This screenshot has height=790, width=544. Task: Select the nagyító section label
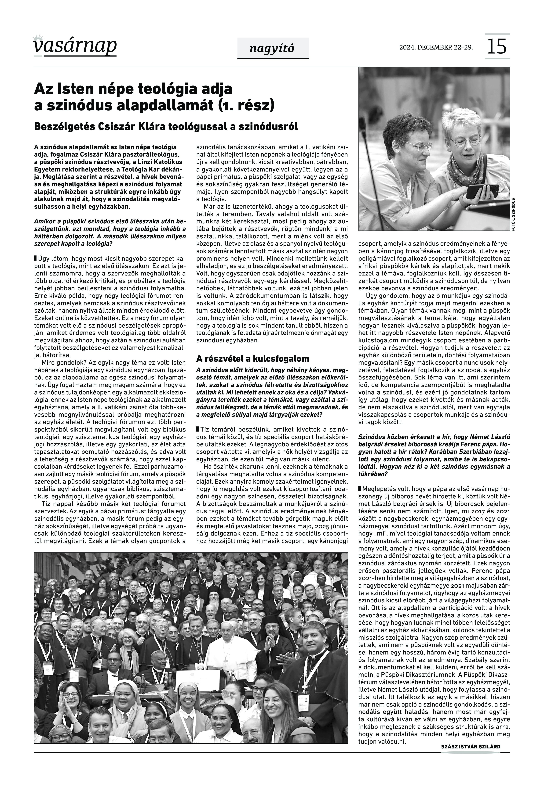[273, 48]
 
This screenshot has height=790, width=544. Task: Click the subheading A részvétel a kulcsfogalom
[253, 359]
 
